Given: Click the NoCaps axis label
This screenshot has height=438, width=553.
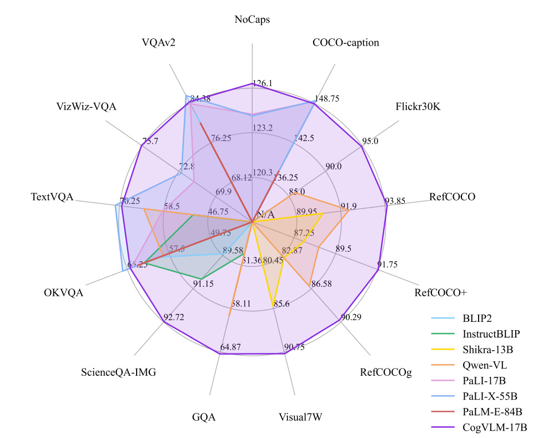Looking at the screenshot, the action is pos(253,19).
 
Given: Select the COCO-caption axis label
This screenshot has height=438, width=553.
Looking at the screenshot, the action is pos(345,43).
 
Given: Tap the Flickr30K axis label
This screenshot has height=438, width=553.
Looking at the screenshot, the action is pos(418,106).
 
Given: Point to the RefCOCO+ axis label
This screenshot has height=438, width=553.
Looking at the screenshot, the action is pos(440,292).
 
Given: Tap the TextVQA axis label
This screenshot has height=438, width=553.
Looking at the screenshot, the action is pos(52,197).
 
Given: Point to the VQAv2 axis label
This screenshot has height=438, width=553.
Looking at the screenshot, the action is pos(159,43).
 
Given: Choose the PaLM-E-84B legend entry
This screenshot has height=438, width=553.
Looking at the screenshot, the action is pos(492,412).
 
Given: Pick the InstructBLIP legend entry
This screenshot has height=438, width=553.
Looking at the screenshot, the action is pos(491,334).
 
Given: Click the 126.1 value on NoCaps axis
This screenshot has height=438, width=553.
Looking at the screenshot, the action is pos(262,83).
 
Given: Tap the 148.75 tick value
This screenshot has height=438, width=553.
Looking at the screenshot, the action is pos(326,98).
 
